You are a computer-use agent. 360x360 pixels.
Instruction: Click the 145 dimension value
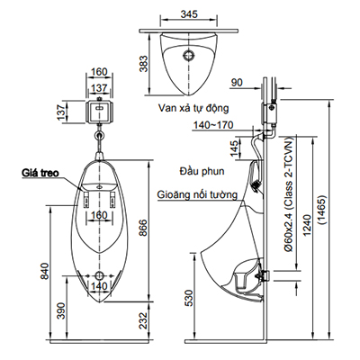point(234,146)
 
